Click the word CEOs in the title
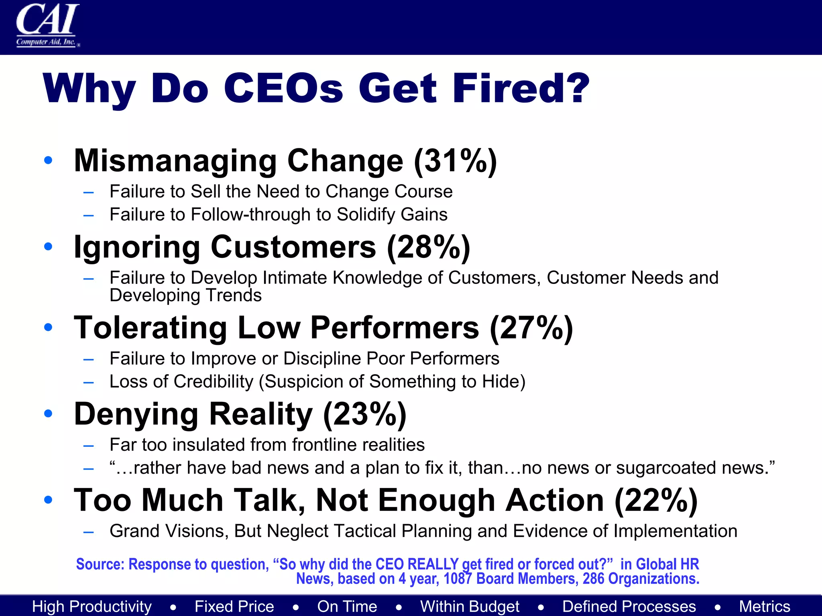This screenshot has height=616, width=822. coord(283,89)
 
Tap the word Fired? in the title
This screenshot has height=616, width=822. coord(521,89)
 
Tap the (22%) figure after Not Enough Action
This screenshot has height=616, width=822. coord(656,501)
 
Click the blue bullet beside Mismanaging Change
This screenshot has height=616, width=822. coord(48,160)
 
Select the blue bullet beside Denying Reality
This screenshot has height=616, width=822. coord(48,413)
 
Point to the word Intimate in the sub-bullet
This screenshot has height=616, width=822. coord(295,278)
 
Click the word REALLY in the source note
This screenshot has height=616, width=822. coord(433,564)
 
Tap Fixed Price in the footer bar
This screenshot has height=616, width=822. coord(234,606)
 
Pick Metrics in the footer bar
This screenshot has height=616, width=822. coord(765,606)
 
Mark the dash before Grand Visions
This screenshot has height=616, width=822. coord(89,532)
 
